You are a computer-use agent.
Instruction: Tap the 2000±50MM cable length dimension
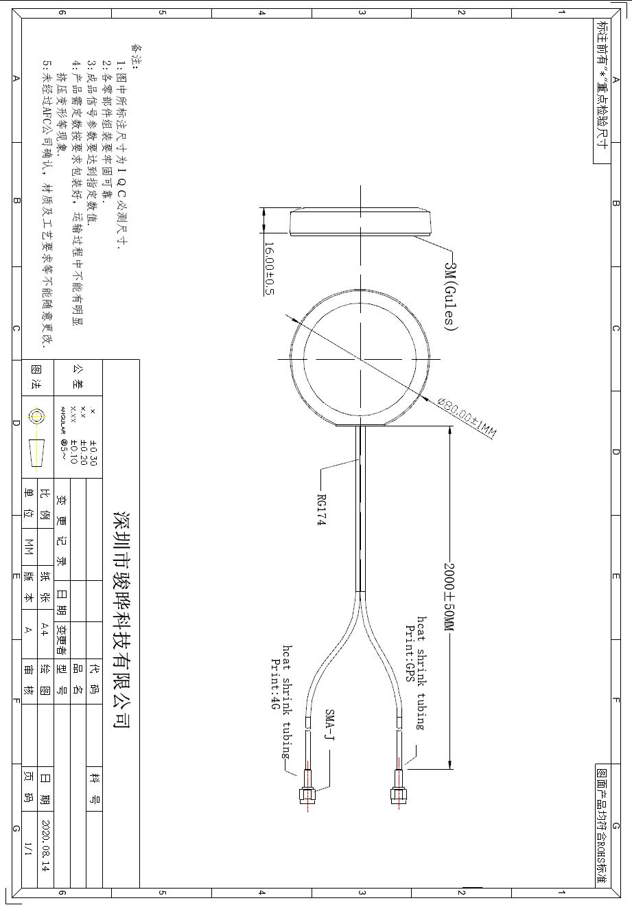(449, 595)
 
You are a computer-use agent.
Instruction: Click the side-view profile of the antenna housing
(360, 220)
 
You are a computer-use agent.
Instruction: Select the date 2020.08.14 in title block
(46, 845)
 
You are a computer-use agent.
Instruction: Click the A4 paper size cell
(45, 629)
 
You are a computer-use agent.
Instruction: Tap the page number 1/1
(29, 848)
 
